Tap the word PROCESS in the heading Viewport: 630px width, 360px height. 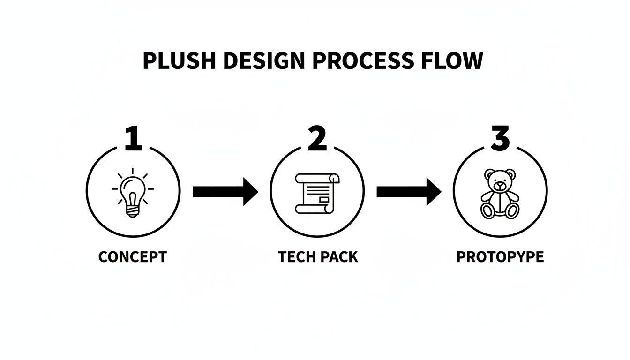pyautogui.click(x=363, y=61)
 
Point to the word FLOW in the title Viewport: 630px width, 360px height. pyautogui.click(x=452, y=61)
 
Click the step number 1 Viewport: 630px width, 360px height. pyautogui.click(x=133, y=138)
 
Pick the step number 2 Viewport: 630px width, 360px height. pyautogui.click(x=317, y=138)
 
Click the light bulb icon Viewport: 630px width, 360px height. pyautogui.click(x=133, y=193)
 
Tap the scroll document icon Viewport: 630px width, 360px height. pyautogui.click(x=317, y=193)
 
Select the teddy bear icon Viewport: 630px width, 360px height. pyautogui.click(x=500, y=194)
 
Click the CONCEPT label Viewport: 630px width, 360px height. pyautogui.click(x=133, y=257)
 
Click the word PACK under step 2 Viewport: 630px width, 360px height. pyautogui.click(x=339, y=257)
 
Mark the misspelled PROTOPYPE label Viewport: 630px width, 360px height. pyautogui.click(x=500, y=257)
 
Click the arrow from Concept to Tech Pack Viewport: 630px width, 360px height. pyautogui.click(x=225, y=192)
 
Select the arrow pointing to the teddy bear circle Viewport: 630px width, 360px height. pyautogui.click(x=409, y=192)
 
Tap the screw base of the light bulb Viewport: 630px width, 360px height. pyautogui.click(x=133, y=211)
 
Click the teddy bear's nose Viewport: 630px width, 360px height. pyautogui.click(x=500, y=185)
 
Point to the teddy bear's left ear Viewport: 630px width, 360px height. pyautogui.click(x=489, y=174)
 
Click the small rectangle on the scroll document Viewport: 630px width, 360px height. pyautogui.click(x=324, y=200)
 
